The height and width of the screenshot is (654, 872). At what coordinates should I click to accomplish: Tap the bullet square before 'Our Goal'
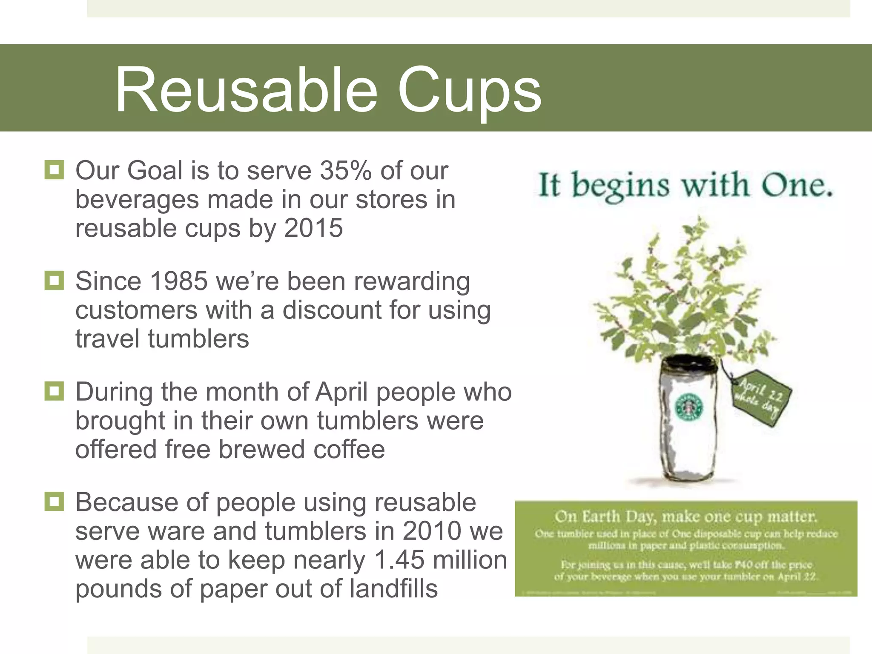tap(54, 170)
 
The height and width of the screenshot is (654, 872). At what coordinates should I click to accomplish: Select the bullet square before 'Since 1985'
tap(54, 281)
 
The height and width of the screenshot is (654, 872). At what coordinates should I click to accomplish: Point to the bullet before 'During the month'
tap(54, 391)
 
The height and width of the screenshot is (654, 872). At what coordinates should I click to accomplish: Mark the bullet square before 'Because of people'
tap(54, 502)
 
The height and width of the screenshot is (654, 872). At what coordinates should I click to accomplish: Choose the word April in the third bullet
tap(341, 392)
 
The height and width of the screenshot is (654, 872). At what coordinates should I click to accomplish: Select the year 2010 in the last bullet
tap(432, 531)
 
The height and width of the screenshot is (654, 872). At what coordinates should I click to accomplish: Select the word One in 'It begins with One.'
tap(797, 186)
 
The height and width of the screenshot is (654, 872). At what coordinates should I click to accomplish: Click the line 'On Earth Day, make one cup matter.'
tap(686, 516)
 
